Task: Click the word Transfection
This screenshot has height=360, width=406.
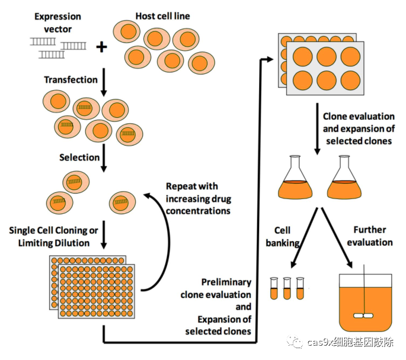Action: click(x=71, y=79)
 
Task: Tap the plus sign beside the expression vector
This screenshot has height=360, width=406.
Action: click(x=103, y=47)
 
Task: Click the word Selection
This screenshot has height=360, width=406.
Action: click(x=79, y=157)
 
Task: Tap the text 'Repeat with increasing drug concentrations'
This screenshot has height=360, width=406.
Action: click(x=198, y=198)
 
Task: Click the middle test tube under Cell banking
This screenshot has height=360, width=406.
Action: click(x=287, y=288)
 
